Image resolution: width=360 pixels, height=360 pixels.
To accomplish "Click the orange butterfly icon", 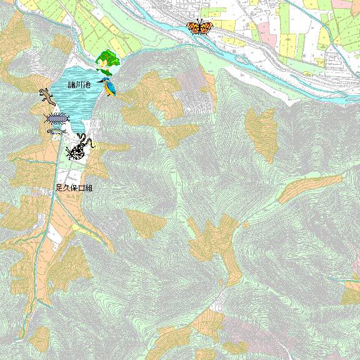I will click(x=200, y=27).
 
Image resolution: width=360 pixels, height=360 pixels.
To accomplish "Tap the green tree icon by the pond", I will click(x=107, y=62).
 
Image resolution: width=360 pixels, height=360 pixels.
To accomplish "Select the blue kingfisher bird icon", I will click(x=110, y=88).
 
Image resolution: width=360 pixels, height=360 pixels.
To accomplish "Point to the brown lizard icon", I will click(x=46, y=97).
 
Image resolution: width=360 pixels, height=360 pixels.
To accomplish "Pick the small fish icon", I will click(x=55, y=132).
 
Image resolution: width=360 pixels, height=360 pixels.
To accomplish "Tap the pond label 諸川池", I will click(x=80, y=84).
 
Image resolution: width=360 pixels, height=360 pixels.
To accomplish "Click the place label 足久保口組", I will click(x=74, y=187).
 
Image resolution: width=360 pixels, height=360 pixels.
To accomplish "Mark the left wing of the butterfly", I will click(x=193, y=27).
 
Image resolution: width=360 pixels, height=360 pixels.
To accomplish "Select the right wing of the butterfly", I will click(x=207, y=27).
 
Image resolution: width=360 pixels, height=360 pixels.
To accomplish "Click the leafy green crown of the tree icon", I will click(x=107, y=58).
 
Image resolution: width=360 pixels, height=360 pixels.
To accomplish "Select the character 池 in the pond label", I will click(x=87, y=84).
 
